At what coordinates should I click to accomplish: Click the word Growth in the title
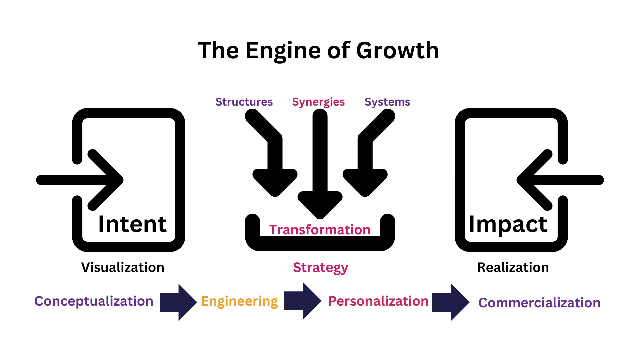click(x=397, y=51)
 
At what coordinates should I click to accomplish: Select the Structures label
click(x=244, y=102)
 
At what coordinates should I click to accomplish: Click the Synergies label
click(x=318, y=102)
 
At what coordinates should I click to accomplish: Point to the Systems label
click(x=387, y=102)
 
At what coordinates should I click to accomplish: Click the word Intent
click(x=132, y=224)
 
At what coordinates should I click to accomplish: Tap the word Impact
click(x=508, y=224)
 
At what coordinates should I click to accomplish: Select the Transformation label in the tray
click(x=320, y=230)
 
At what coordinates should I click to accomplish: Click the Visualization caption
click(x=123, y=267)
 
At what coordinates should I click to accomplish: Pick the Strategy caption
click(x=320, y=268)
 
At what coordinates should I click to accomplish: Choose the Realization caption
click(x=513, y=267)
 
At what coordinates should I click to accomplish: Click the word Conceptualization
click(x=94, y=301)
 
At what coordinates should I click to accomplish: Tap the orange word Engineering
click(x=239, y=301)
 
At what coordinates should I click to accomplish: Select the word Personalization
click(x=378, y=301)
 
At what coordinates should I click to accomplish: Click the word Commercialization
click(x=539, y=303)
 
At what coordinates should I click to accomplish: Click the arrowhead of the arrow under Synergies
click(x=320, y=204)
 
